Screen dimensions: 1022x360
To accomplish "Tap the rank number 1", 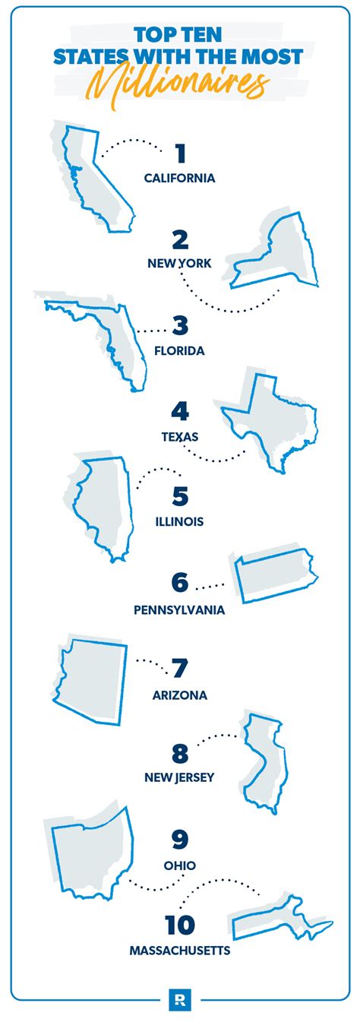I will coord(180,155).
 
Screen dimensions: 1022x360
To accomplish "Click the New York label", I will coord(179,263).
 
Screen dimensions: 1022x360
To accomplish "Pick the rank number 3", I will coord(180,327).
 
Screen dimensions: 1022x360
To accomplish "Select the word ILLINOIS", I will coord(179,522).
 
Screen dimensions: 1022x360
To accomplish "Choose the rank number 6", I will coord(180,583).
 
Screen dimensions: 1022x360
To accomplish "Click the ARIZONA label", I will coord(179,695).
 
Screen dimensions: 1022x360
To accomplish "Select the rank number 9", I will coord(180,840).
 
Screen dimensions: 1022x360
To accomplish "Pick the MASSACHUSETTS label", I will coord(179,950).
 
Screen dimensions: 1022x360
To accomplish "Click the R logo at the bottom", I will coord(180,995).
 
